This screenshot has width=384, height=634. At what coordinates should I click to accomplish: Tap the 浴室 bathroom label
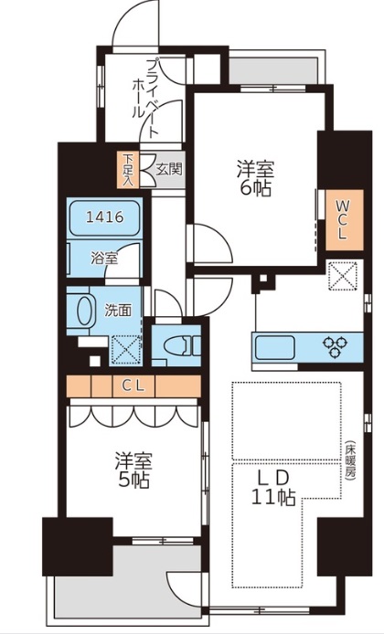pos(103,259)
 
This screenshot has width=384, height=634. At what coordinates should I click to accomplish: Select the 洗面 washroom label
pos(117,310)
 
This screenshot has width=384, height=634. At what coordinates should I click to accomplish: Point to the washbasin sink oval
pos(83,312)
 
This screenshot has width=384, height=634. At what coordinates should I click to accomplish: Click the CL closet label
pos(133,386)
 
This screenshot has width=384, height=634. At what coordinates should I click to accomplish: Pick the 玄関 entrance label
pos(168,169)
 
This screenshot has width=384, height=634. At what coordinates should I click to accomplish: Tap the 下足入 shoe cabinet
pos(130,168)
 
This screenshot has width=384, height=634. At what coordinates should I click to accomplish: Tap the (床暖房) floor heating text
pos(348,467)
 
